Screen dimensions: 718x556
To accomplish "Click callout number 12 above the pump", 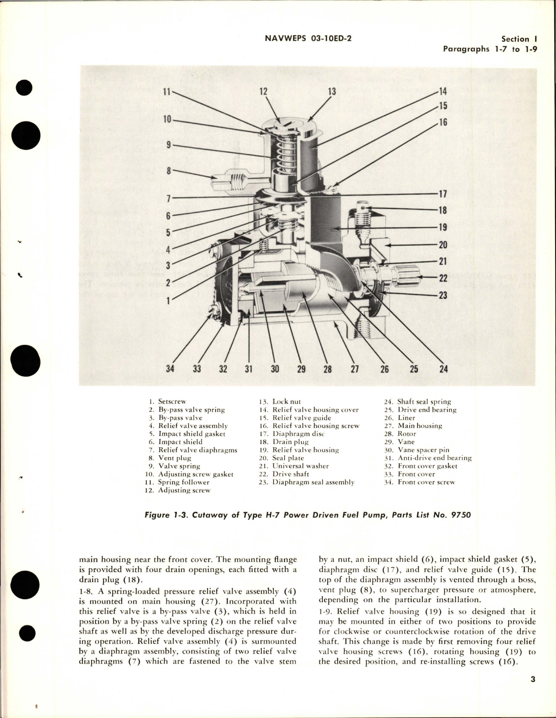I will (263, 91).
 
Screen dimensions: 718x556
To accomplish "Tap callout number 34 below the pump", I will (170, 369).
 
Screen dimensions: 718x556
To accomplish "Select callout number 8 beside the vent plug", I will (169, 171).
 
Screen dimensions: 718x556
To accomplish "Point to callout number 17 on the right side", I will (443, 194).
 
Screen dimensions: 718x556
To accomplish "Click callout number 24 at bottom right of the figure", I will (443, 369).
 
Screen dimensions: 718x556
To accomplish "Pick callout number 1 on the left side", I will (169, 300).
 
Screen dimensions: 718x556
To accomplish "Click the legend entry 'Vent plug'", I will (175, 458).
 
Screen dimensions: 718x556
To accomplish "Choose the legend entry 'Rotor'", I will (407, 434).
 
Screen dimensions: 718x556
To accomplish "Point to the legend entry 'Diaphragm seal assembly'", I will (313, 482).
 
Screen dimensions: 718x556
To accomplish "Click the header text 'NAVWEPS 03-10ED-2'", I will (308, 38).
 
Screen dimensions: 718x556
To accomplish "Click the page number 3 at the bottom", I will (533, 679).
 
